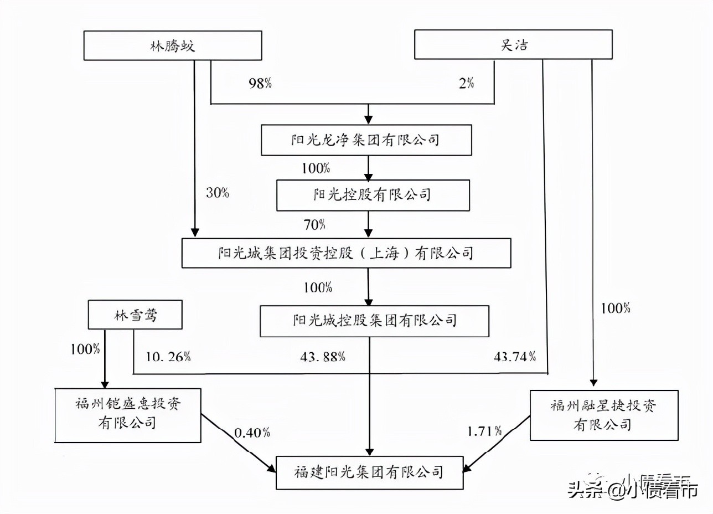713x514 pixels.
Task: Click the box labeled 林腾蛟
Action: pyautogui.click(x=172, y=45)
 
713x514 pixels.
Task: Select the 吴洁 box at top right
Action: pyautogui.click(x=513, y=44)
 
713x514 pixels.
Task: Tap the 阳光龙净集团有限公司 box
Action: pyautogui.click(x=366, y=140)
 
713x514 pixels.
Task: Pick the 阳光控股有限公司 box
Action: pyautogui.click(x=373, y=196)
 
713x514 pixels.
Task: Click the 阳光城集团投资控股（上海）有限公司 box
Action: pyautogui.click(x=346, y=253)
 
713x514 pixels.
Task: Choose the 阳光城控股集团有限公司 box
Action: pyautogui.click(x=374, y=321)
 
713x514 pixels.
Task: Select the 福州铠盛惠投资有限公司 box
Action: pyautogui.click(x=128, y=414)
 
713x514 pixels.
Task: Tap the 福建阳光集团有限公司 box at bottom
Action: pyautogui.click(x=369, y=472)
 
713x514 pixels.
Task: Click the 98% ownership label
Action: pyautogui.click(x=260, y=84)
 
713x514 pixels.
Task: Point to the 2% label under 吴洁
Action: pyautogui.click(x=466, y=84)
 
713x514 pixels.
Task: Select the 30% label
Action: pyautogui.click(x=218, y=193)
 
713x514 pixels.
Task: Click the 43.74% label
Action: pyautogui.click(x=514, y=357)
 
